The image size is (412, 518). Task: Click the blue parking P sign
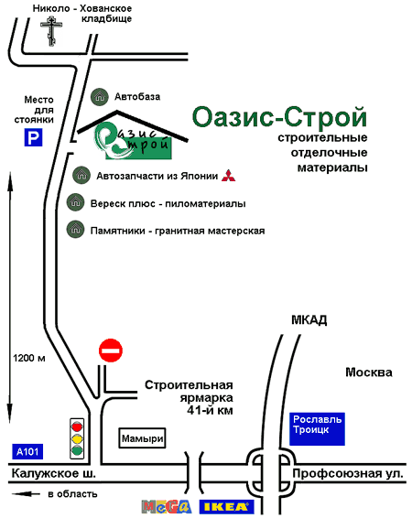pyautogui.click(x=33, y=137)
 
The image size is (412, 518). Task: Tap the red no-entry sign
pyautogui.click(x=111, y=351)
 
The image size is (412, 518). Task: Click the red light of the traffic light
pyautogui.click(x=77, y=426)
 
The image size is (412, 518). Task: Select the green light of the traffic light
pyautogui.click(x=77, y=450)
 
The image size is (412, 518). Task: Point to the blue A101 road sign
pyautogui.click(x=27, y=451)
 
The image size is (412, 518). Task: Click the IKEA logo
pyautogui.click(x=227, y=507)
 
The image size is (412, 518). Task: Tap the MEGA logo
pyautogui.click(x=167, y=507)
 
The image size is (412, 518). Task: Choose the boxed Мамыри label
pyautogui.click(x=142, y=438)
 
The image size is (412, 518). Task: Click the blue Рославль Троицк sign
pyautogui.click(x=317, y=429)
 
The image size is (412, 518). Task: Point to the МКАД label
pyautogui.click(x=309, y=319)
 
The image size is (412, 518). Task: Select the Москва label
pyautogui.click(x=369, y=372)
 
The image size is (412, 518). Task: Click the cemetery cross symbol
pyautogui.click(x=51, y=32)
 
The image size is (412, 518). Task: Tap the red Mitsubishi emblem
pyautogui.click(x=228, y=176)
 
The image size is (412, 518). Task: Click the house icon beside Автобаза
pyautogui.click(x=100, y=97)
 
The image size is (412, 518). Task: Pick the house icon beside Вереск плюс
pyautogui.click(x=76, y=202)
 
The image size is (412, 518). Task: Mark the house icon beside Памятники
pyautogui.click(x=76, y=230)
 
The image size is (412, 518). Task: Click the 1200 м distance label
pyautogui.click(x=29, y=358)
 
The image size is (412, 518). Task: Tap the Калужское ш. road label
pyautogui.click(x=53, y=474)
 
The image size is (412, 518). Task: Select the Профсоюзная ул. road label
pyautogui.click(x=348, y=474)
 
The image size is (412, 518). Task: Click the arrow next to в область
pyautogui.click(x=27, y=494)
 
